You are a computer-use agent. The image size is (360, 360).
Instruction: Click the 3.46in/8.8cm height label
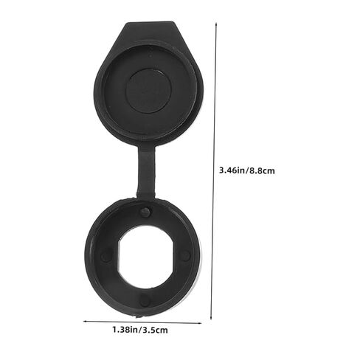pos(247,170)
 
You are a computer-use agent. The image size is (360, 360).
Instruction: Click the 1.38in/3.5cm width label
pos(140,330)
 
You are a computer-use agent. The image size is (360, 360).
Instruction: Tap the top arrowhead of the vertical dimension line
pos(216,24)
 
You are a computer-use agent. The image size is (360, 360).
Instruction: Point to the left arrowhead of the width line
pos(85,321)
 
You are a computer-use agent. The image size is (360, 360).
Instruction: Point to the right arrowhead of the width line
pos(200,323)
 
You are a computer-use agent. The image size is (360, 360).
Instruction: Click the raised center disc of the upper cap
pos(148,91)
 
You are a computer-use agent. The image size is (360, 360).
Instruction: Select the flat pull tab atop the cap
pos(150,31)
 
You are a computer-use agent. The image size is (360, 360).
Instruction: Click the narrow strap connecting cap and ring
pos(146,171)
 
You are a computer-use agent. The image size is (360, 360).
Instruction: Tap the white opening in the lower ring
pos(145,257)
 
